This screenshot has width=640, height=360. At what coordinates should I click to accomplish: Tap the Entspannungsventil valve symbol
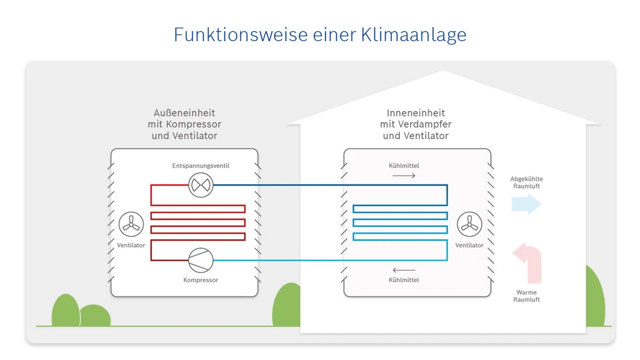[201, 185]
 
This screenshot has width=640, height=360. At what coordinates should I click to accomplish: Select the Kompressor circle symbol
[201, 260]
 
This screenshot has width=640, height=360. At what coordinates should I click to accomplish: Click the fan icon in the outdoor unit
[131, 223]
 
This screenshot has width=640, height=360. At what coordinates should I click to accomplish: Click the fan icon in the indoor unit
[469, 224]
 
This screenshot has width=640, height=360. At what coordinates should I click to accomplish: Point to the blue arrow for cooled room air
[526, 204]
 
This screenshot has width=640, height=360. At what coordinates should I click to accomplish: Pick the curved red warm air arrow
[529, 262]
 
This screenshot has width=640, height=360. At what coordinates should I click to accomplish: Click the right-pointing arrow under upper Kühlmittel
[404, 176]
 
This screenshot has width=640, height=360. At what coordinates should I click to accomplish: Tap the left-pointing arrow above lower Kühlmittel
[404, 270]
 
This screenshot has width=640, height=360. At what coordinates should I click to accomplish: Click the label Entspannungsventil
[201, 166]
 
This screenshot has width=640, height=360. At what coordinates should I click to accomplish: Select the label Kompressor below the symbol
[201, 280]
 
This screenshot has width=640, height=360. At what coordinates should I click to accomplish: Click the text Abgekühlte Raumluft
[526, 183]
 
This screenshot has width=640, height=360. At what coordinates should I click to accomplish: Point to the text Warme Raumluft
[526, 296]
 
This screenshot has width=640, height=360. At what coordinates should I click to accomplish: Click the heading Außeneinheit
[184, 113]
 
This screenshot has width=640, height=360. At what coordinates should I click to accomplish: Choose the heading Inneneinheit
[415, 113]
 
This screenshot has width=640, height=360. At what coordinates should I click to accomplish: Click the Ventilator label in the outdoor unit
[131, 246]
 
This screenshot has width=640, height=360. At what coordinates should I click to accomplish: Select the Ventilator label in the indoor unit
[469, 246]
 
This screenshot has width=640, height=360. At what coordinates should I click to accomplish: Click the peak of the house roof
[443, 72]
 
